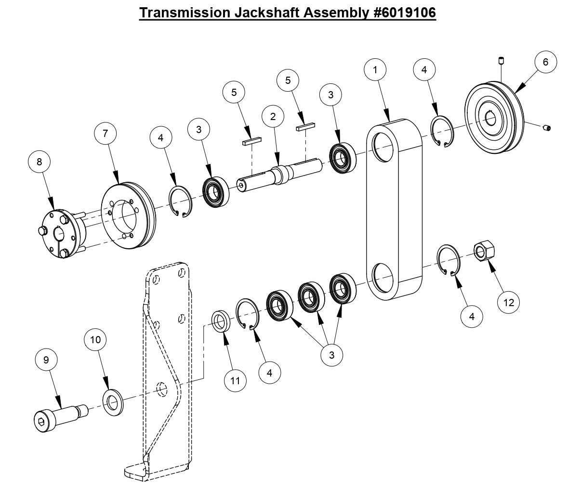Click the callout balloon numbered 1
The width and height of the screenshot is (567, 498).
(376, 69)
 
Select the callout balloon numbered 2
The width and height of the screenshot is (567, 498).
(273, 116)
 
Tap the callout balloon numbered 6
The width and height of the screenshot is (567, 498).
(545, 62)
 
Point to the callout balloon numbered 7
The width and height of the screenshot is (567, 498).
(105, 134)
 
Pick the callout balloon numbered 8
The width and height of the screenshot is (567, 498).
(40, 162)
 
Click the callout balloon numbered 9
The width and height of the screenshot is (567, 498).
(46, 360)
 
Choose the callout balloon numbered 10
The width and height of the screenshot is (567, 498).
(95, 340)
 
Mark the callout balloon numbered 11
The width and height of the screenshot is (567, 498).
(235, 380)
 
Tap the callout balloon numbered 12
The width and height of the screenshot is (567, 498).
(509, 302)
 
